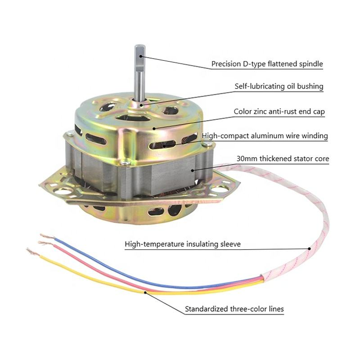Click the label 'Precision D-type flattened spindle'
pos(267,64)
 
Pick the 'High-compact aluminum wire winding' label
pos(265,135)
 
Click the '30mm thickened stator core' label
pos(283,158)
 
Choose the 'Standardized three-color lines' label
pos(234,309)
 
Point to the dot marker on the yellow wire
pos(145,292)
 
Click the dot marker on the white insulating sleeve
pos(309,247)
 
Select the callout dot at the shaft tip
pos(141,56)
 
